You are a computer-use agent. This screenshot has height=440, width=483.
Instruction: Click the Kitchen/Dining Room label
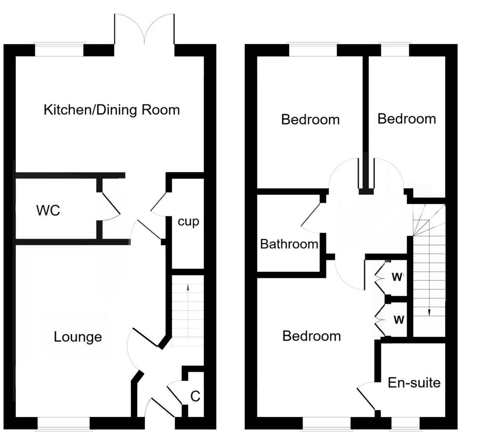click(x=111, y=110)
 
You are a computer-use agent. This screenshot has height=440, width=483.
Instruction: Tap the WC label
click(x=48, y=211)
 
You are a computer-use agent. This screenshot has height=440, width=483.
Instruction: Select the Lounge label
click(x=78, y=337)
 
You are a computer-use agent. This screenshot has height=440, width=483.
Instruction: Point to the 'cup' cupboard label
click(x=188, y=222)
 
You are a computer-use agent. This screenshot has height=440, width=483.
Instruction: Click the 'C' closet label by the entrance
click(x=195, y=396)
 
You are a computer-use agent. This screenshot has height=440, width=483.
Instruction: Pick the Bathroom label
click(x=289, y=244)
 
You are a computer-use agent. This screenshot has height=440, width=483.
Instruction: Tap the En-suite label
click(x=414, y=383)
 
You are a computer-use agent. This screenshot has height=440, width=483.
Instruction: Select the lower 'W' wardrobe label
click(x=399, y=320)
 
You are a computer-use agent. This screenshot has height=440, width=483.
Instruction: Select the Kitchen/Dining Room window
click(x=60, y=49)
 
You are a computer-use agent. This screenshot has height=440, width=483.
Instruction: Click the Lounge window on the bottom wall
click(x=63, y=423)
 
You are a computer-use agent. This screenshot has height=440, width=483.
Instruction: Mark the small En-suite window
click(x=404, y=423)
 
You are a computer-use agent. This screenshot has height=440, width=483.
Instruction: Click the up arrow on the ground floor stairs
click(x=188, y=288)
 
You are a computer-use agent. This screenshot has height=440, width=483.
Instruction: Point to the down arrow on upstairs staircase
click(x=429, y=312)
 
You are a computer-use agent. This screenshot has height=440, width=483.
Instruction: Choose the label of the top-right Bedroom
click(x=406, y=119)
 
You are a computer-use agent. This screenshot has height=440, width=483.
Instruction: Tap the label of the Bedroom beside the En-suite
click(x=311, y=336)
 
